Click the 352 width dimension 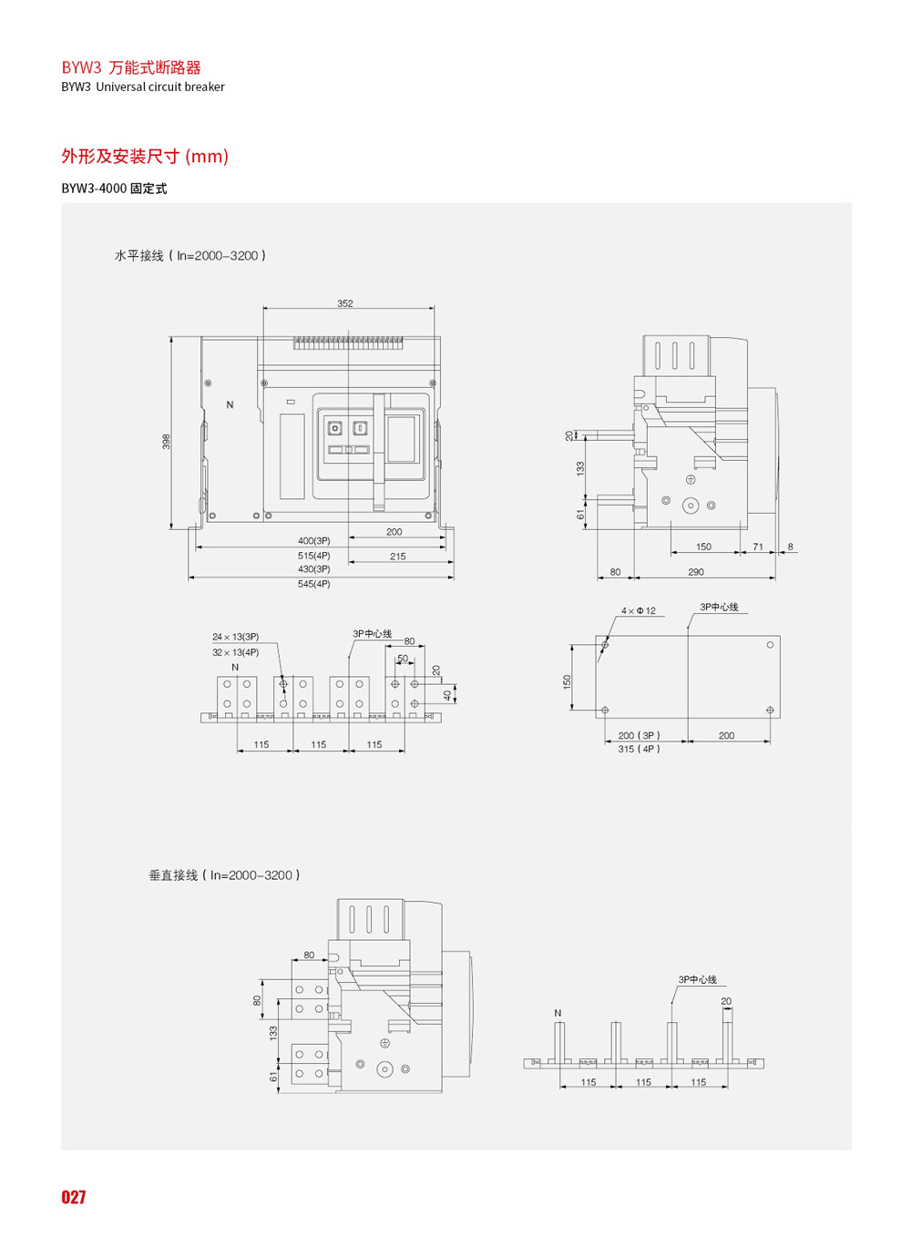(x=344, y=303)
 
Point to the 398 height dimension (x=167, y=441)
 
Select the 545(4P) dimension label (x=313, y=584)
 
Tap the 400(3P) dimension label (x=313, y=541)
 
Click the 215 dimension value (x=398, y=556)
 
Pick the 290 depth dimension (x=695, y=572)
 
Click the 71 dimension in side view (x=758, y=547)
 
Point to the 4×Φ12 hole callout (x=638, y=611)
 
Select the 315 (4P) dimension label (x=640, y=750)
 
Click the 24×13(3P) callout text (x=235, y=637)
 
